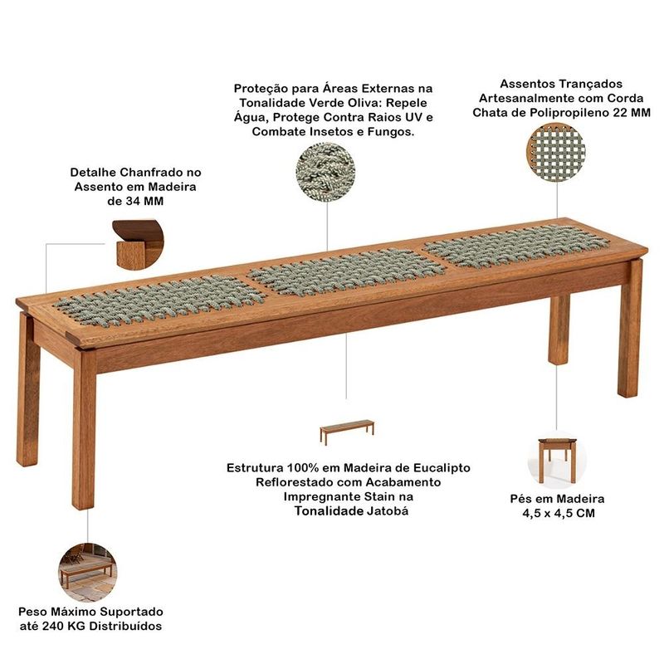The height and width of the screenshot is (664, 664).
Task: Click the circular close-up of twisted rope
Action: (x=325, y=172)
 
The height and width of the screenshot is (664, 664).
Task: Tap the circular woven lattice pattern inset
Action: (x=556, y=152)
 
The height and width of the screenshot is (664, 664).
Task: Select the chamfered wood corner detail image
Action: (x=138, y=245)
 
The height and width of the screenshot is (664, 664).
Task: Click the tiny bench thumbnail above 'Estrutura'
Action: (x=347, y=432)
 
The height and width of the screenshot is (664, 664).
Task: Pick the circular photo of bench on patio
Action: (x=88, y=573)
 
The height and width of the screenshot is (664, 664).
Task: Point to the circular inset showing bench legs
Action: (x=556, y=461)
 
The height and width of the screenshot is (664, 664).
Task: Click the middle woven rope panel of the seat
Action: (x=346, y=271)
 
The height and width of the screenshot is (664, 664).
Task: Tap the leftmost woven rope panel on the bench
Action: (x=160, y=300)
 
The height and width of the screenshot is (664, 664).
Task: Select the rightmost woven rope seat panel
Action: (x=516, y=246)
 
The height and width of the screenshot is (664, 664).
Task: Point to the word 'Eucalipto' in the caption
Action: (x=442, y=468)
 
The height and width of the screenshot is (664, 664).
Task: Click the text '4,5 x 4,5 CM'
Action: (x=559, y=513)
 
